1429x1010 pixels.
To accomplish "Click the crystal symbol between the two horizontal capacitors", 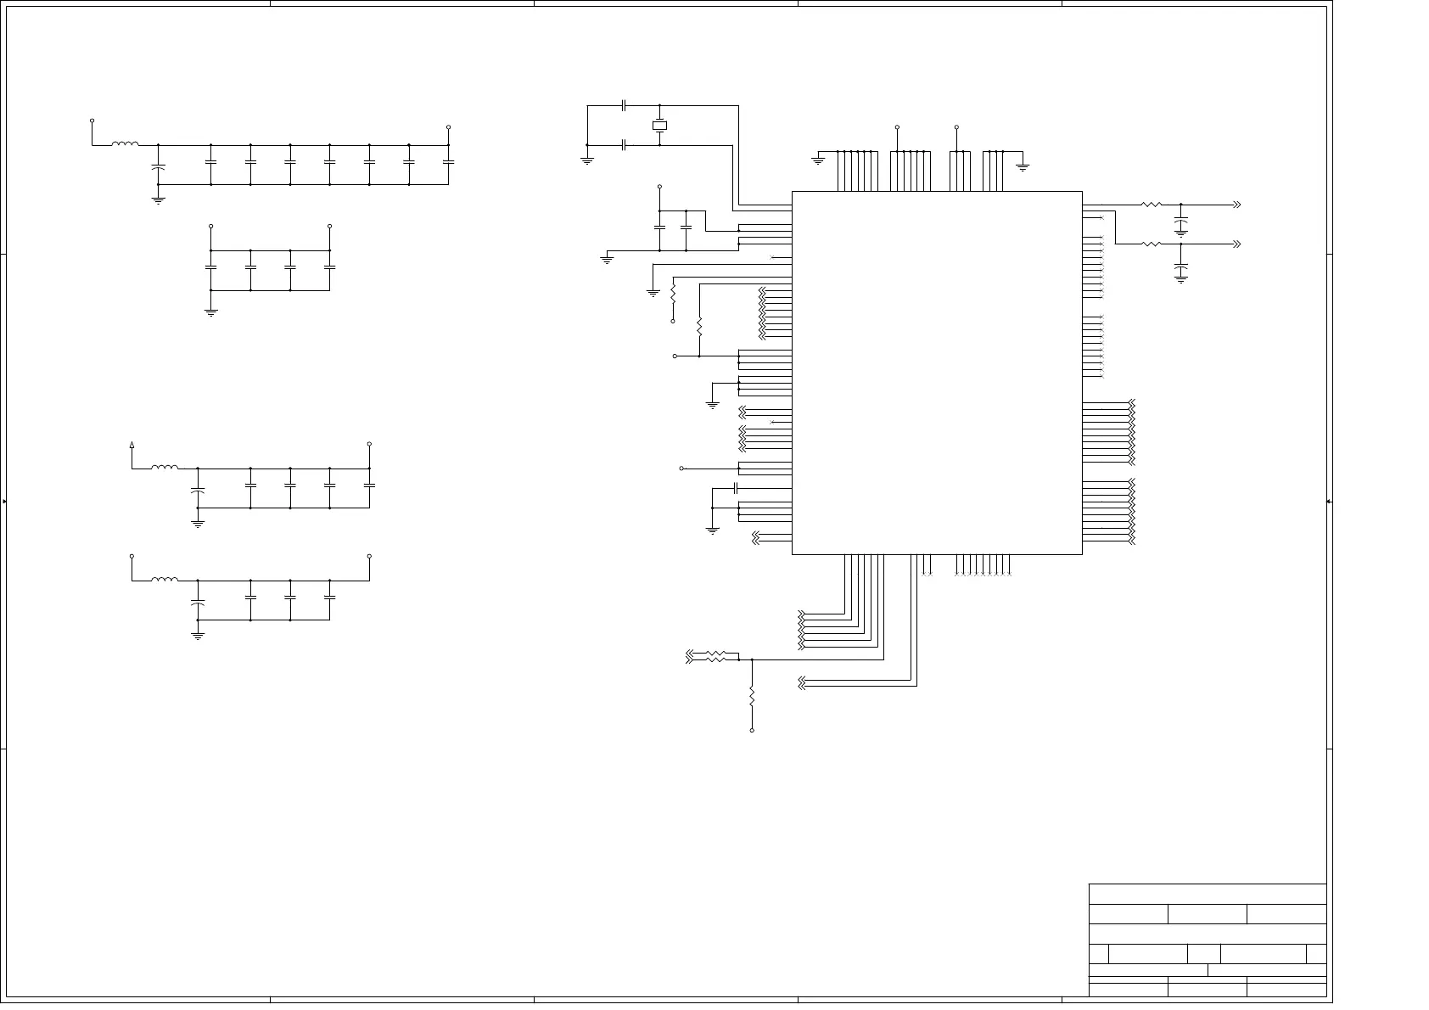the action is pos(659,126).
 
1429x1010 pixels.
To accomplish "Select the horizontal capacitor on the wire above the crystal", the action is pos(625,106).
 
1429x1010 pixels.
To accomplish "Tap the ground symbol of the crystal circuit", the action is pos(587,160).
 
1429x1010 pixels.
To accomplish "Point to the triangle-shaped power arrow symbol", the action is pos(132,444).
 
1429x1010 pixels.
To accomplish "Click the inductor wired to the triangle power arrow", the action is pos(165,468).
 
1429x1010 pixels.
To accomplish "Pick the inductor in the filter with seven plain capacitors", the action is pos(125,145).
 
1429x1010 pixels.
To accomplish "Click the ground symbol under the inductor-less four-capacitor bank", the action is pos(211,311).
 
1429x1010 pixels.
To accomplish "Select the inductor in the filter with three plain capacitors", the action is pos(165,581).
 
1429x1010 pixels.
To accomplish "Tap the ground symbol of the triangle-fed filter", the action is pos(198,524).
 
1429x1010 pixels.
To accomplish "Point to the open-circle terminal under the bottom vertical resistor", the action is pos(752,730).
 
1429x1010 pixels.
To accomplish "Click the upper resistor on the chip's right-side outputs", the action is pos(1151,205).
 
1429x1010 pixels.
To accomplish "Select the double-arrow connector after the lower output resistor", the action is pos(1236,244).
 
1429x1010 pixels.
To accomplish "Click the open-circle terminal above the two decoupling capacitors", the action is pos(659,186).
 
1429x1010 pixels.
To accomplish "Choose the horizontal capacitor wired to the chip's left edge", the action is pos(736,488).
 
